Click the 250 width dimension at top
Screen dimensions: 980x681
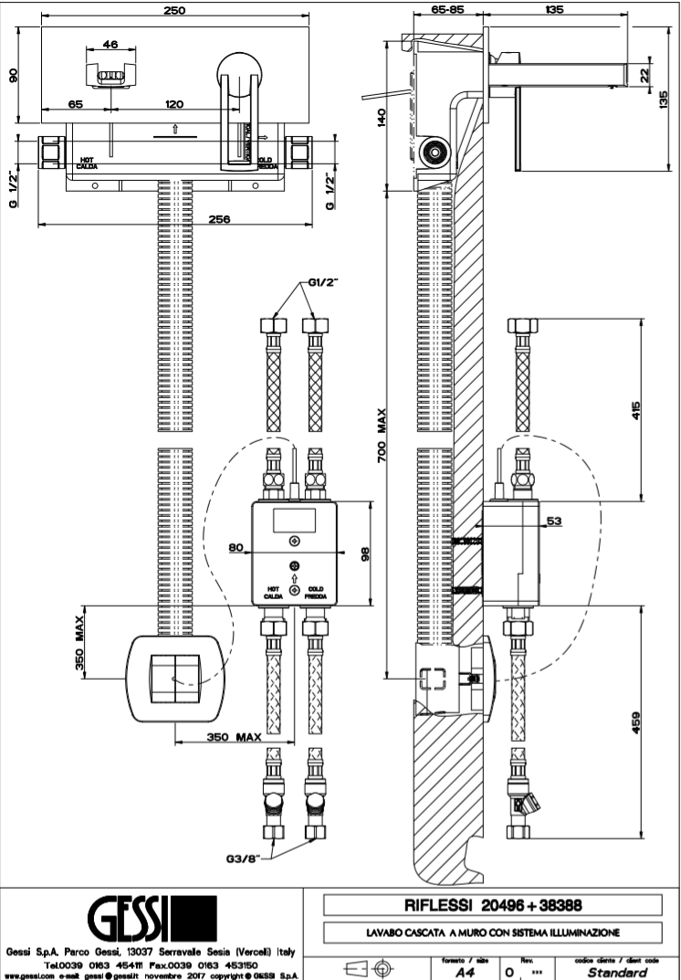click(x=175, y=10)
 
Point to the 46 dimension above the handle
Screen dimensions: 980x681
click(x=110, y=43)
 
